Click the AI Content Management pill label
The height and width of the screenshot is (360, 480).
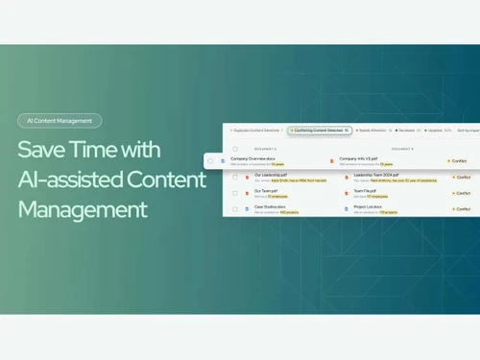pos(60,121)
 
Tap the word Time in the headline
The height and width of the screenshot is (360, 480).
pos(101,151)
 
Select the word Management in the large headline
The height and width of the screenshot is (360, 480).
pos(83,209)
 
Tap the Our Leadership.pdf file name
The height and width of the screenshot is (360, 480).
pos(273,176)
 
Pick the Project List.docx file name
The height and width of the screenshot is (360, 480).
pos(364,206)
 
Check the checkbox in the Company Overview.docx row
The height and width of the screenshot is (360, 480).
pos(210,160)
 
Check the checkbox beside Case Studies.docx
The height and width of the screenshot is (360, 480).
pos(235,207)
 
